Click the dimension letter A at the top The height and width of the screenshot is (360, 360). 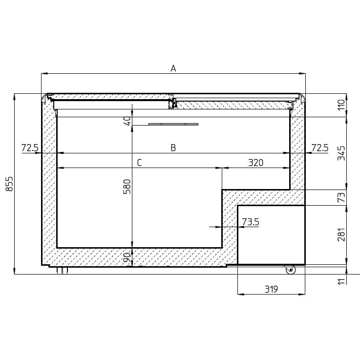pyautogui.click(x=173, y=69)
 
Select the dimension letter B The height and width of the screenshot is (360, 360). pyautogui.click(x=173, y=148)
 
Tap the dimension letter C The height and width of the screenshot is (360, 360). pyautogui.click(x=139, y=163)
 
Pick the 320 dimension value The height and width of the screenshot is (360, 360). pyautogui.click(x=255, y=163)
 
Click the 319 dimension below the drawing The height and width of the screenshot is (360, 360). pyautogui.click(x=271, y=289)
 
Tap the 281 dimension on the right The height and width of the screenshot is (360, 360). pyautogui.click(x=341, y=235)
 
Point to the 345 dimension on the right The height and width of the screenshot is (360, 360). pyautogui.click(x=341, y=153)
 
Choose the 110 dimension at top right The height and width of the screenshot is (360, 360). pyautogui.click(x=341, y=105)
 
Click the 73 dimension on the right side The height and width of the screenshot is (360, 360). pyautogui.click(x=341, y=197)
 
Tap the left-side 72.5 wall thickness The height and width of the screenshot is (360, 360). pyautogui.click(x=30, y=148)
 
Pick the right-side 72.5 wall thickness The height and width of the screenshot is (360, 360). pyautogui.click(x=319, y=148)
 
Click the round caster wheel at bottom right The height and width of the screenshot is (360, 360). pyautogui.click(x=290, y=269)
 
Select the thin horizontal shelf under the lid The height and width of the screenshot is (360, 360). pyautogui.click(x=173, y=124)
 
